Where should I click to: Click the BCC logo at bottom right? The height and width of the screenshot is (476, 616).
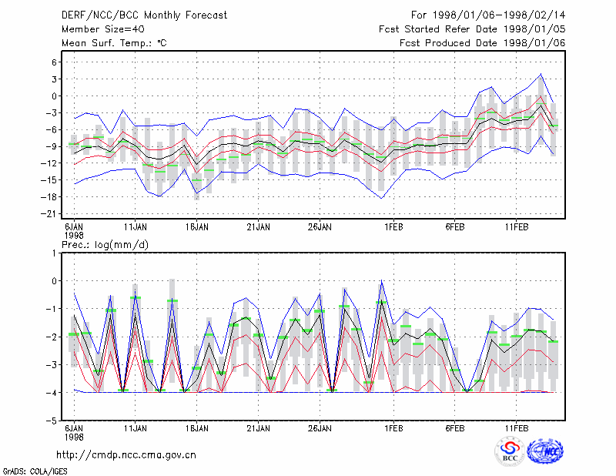pos(510,452)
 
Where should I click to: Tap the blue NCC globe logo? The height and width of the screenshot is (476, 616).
pos(545,451)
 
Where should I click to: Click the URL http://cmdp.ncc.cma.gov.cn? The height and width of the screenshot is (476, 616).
pos(126,455)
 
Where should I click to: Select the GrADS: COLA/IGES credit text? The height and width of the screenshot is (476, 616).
pos(35,471)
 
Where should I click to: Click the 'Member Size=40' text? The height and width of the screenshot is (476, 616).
pos(103,29)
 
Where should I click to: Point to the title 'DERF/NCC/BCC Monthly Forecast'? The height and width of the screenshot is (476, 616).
pos(144,15)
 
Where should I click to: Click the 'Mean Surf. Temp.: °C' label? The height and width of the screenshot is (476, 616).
pos(114,43)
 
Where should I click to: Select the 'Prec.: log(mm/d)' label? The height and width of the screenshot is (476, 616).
pos(105,245)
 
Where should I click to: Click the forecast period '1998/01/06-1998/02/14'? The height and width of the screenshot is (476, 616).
pos(499,15)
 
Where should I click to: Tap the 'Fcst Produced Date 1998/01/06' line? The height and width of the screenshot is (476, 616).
pos(483,43)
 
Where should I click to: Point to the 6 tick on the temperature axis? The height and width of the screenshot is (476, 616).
pos(54,62)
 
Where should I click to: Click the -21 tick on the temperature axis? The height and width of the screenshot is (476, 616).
pos(49,214)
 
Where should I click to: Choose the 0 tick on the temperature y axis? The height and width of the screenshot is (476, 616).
pos(54,96)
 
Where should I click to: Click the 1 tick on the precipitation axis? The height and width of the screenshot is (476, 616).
pos(54,253)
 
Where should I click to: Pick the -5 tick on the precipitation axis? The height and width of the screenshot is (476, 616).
pos(51,421)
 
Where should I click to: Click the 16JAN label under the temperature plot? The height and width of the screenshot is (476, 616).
pos(197,227)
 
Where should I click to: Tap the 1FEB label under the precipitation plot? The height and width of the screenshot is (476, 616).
pos(393,428)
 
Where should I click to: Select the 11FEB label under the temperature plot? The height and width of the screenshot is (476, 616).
pos(516,227)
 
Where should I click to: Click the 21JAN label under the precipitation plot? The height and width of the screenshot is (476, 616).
pos(258,428)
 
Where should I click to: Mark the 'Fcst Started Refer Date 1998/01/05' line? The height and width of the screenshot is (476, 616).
pos(472,29)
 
